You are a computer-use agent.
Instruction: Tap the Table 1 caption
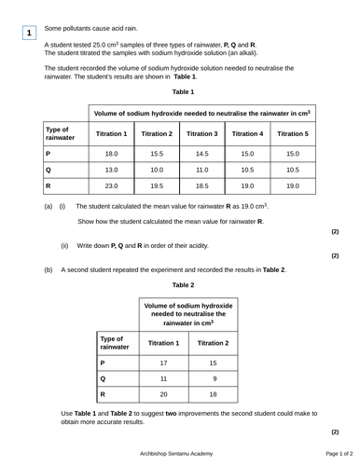(183, 92)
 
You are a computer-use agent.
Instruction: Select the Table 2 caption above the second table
(183, 283)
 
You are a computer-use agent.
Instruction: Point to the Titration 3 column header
(202, 134)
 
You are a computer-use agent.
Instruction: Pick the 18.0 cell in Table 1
(111, 153)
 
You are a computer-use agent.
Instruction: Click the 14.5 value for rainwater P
(202, 153)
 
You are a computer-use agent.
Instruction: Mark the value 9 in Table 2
(214, 378)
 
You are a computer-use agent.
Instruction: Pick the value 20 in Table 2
(163, 394)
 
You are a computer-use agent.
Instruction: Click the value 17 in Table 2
(163, 363)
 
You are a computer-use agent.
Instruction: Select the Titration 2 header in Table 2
(214, 343)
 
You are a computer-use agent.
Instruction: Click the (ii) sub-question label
(64, 245)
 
